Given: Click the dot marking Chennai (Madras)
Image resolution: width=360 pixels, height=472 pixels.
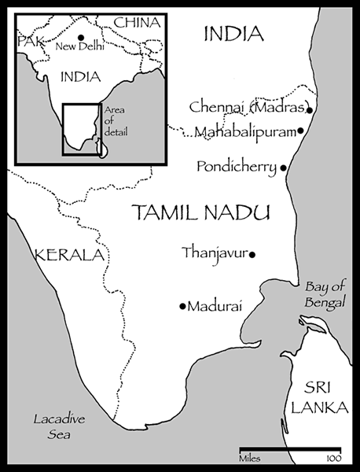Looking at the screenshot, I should (x=310, y=109).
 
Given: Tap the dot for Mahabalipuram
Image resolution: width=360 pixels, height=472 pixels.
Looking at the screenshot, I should (x=302, y=131).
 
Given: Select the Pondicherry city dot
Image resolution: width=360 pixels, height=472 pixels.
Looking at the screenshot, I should (x=283, y=168).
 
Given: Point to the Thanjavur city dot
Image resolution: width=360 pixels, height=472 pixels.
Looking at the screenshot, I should (x=252, y=253).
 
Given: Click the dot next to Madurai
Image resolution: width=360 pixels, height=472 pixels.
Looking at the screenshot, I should (x=182, y=306).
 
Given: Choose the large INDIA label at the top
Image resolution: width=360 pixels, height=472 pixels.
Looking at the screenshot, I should (x=233, y=33).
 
